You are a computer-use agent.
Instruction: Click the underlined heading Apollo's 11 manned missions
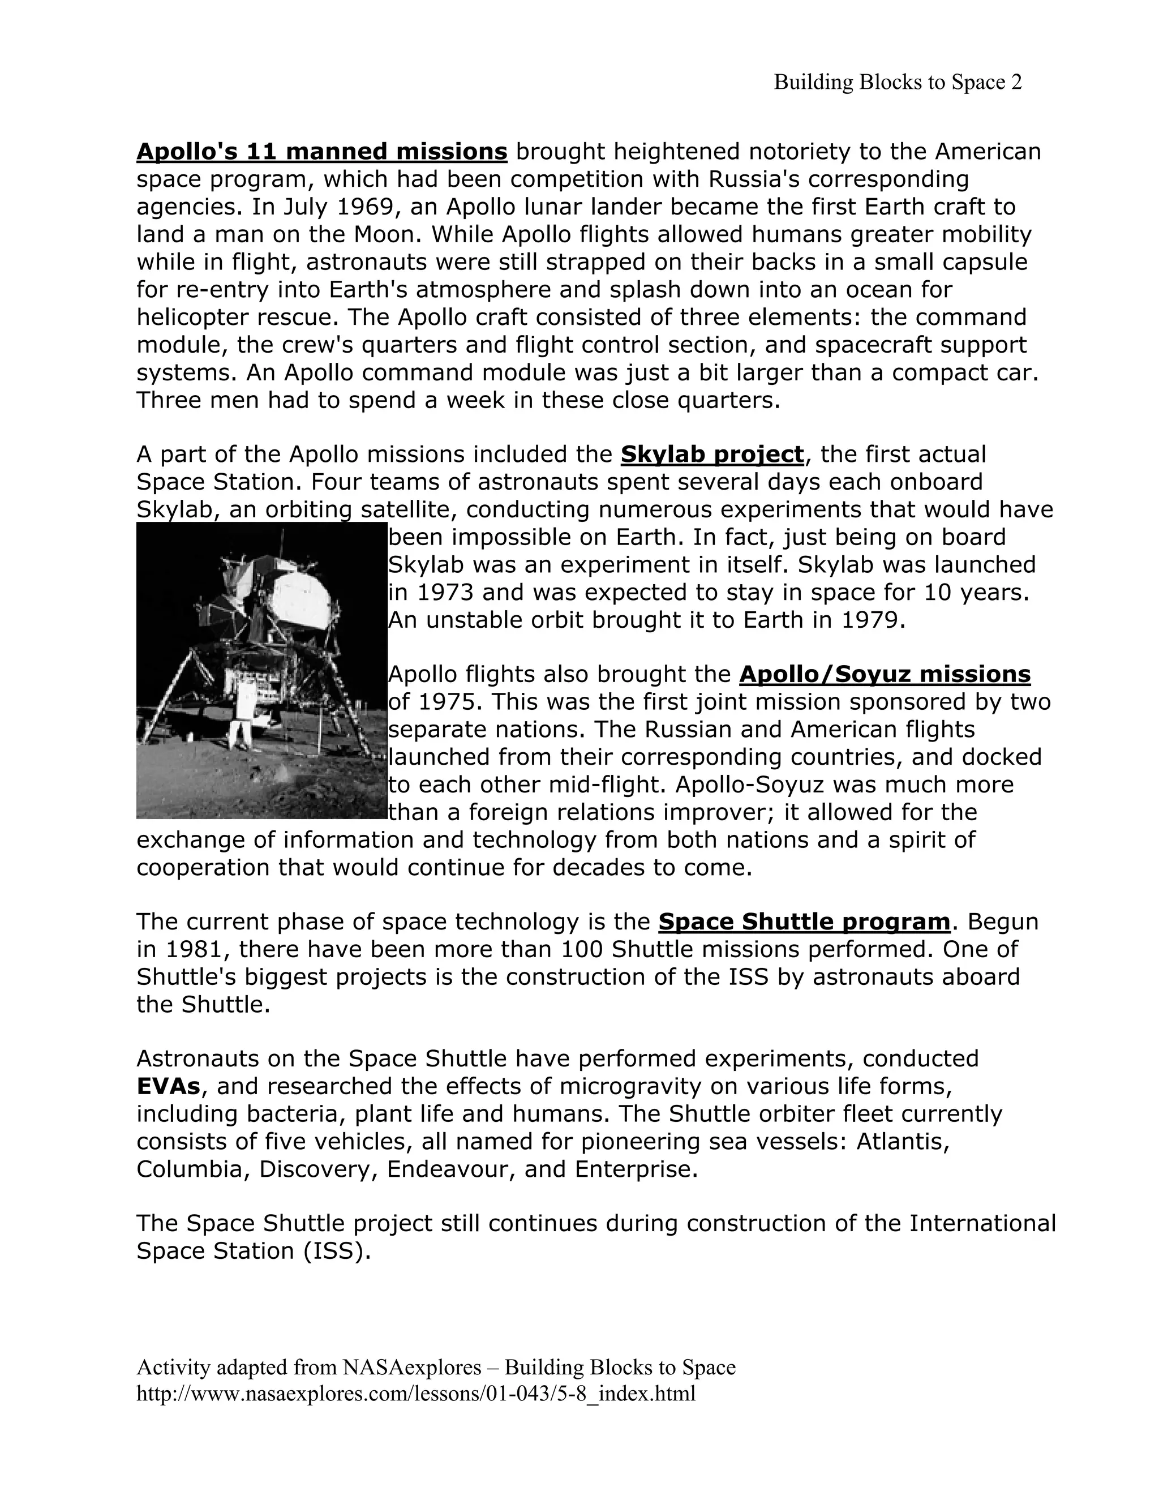click(x=321, y=151)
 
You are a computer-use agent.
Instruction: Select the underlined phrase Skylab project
click(x=711, y=454)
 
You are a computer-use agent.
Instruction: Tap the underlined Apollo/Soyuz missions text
click(x=885, y=675)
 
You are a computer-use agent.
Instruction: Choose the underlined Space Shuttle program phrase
click(x=804, y=922)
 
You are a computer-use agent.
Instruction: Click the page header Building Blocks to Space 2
click(x=898, y=83)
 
